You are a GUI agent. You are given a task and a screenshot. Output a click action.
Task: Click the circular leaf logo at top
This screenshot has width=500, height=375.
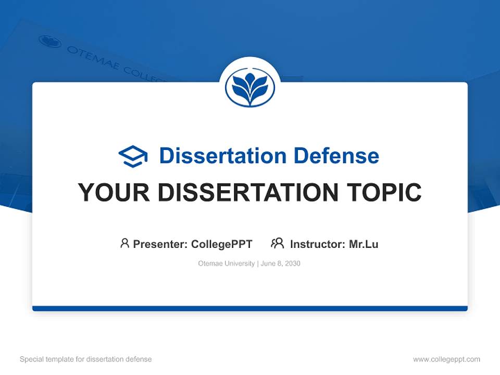pyautogui.click(x=250, y=87)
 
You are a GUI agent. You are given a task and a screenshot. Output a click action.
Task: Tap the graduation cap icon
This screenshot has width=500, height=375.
pyautogui.click(x=133, y=156)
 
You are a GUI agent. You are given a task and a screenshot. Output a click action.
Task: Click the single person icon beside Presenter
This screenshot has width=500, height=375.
pyautogui.click(x=124, y=243)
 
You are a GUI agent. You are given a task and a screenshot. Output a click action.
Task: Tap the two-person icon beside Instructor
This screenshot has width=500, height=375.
pyautogui.click(x=278, y=243)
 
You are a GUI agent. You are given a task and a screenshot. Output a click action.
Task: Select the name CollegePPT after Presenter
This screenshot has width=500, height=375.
pyautogui.click(x=221, y=244)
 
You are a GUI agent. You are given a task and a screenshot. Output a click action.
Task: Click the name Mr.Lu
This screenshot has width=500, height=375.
pyautogui.click(x=364, y=244)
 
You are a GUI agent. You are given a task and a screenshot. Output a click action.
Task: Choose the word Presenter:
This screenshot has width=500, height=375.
pyautogui.click(x=160, y=244)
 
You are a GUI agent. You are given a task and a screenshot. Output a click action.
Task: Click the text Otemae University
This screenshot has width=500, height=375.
pyautogui.click(x=226, y=264)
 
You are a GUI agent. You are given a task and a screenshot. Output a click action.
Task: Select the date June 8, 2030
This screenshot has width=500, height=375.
pyautogui.click(x=281, y=264)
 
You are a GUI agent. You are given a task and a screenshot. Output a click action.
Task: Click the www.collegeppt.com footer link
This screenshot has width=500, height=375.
pyautogui.click(x=446, y=359)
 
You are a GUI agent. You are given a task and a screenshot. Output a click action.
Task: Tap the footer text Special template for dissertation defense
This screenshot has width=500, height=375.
pyautogui.click(x=85, y=359)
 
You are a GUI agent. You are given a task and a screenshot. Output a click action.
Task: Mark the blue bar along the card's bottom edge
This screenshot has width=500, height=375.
pyautogui.click(x=250, y=308)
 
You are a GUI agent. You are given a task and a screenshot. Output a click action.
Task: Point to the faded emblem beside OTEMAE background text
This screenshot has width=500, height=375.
pyautogui.click(x=50, y=41)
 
